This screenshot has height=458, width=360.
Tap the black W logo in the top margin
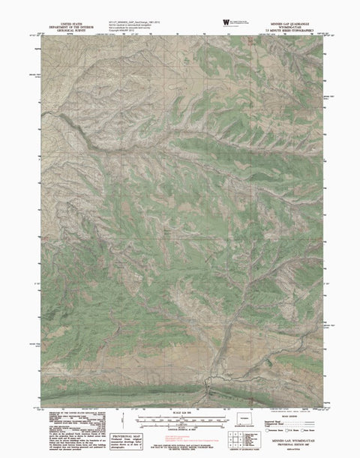(225, 22)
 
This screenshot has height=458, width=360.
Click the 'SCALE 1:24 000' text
(180, 413)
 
